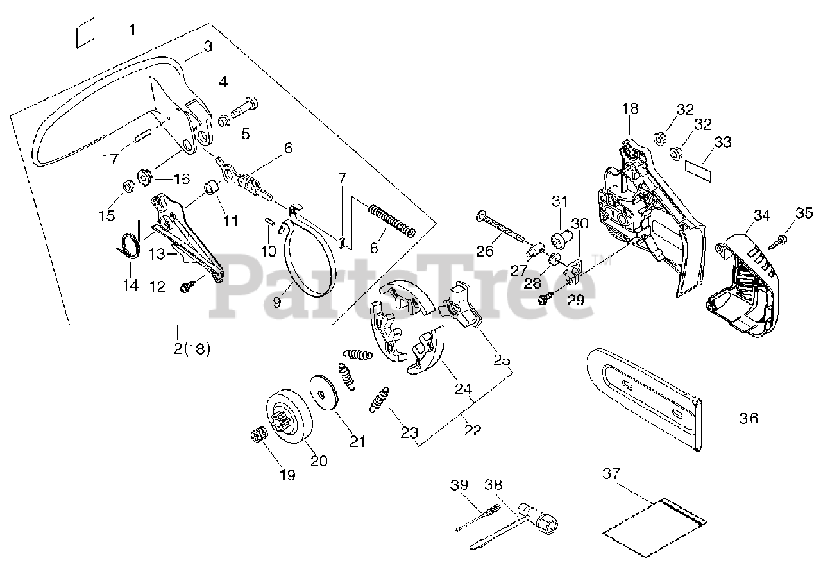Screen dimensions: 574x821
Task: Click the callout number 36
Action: point(749,418)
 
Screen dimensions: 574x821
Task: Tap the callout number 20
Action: point(319,460)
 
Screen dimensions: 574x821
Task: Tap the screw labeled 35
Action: point(782,241)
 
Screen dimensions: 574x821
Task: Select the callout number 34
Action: point(761,215)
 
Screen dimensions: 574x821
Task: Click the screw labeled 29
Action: point(544,297)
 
